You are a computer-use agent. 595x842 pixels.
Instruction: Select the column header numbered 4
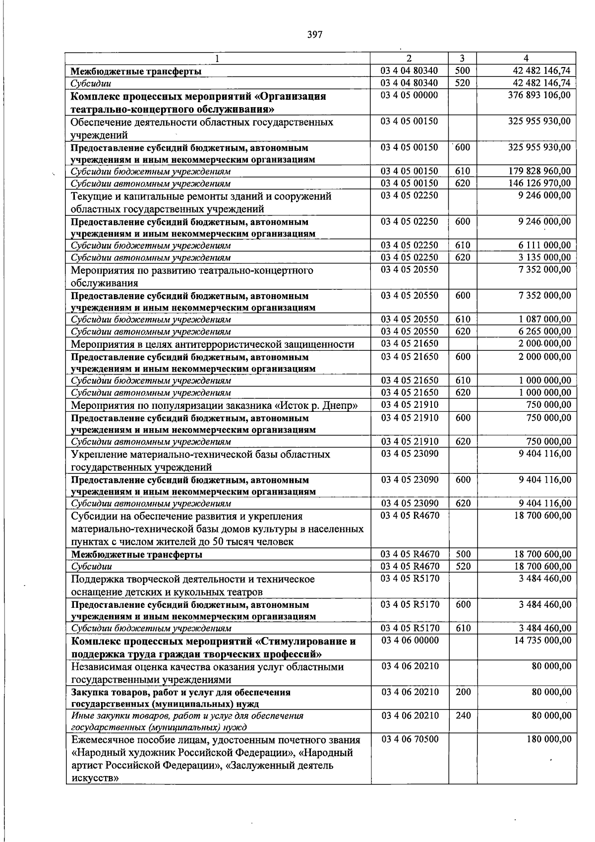click(x=526, y=58)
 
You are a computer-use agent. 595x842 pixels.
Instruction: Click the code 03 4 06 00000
click(x=410, y=641)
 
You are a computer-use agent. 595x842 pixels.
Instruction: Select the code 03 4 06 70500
click(x=410, y=739)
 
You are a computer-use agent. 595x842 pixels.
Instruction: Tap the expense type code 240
click(x=463, y=715)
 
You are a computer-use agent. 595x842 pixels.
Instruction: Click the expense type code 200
click(x=463, y=692)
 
